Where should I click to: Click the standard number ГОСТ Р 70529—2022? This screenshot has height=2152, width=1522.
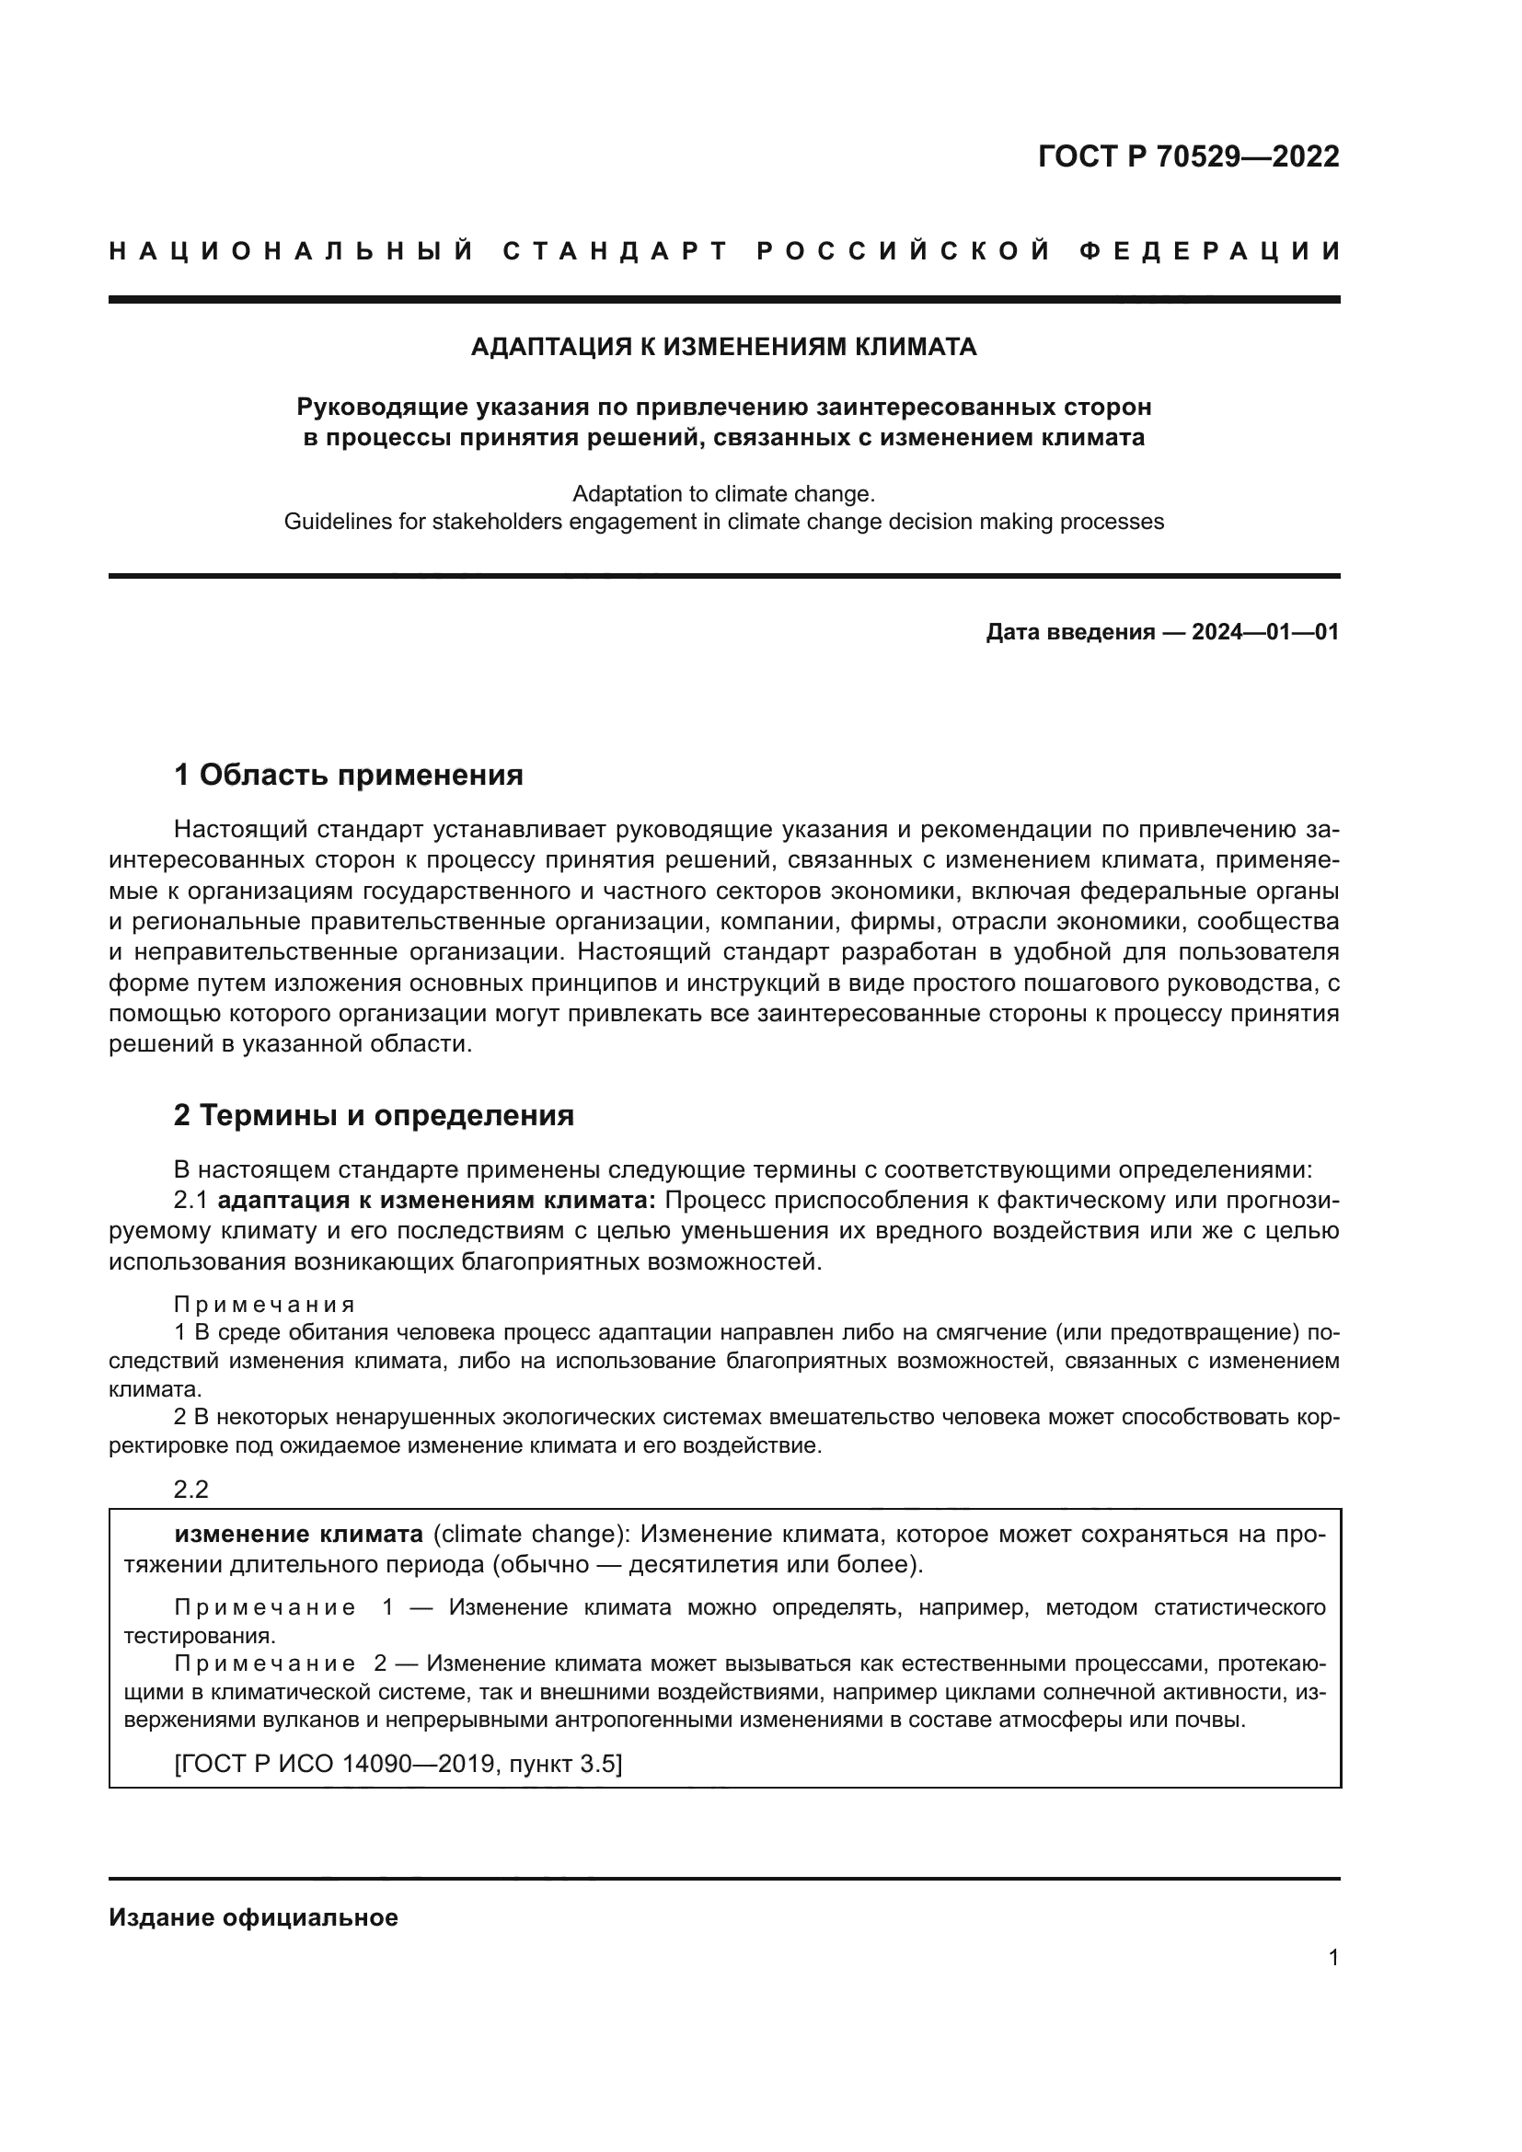click(1188, 156)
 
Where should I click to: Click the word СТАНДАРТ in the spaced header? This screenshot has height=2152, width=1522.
click(615, 251)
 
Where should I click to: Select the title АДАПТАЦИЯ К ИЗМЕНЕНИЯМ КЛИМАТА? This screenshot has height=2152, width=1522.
click(723, 348)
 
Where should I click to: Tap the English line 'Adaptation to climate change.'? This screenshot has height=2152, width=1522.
click(723, 493)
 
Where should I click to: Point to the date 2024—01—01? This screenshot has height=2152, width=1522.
click(1265, 632)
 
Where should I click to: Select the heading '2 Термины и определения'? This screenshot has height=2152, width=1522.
click(373, 1115)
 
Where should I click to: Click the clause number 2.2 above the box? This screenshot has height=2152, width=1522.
click(191, 1490)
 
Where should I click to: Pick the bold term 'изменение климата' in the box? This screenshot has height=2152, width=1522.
click(298, 1535)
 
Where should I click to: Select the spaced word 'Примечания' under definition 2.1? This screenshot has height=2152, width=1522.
click(264, 1305)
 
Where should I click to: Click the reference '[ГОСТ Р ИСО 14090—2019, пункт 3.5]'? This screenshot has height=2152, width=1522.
click(398, 1764)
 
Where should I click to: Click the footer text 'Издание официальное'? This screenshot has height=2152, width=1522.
click(253, 1917)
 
